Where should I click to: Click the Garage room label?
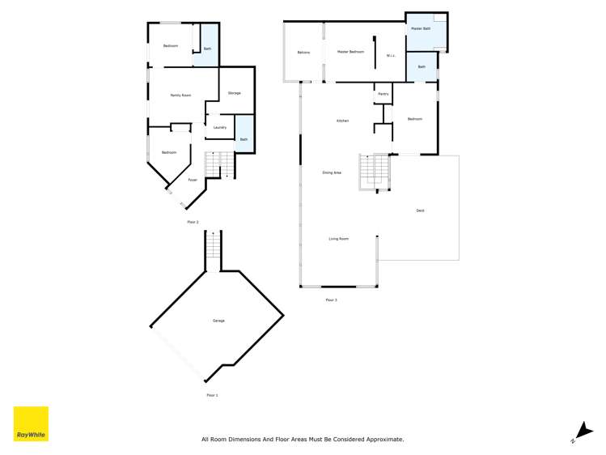pyautogui.click(x=218, y=321)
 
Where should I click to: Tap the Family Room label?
pyautogui.click(x=180, y=96)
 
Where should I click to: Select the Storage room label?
pyautogui.click(x=235, y=93)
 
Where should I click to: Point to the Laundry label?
pyautogui.click(x=219, y=127)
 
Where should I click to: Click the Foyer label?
pyautogui.click(x=193, y=180)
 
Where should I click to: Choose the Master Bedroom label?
pyautogui.click(x=350, y=52)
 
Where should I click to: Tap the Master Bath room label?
pyautogui.click(x=421, y=28)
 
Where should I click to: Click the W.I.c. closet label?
pyautogui.click(x=391, y=56)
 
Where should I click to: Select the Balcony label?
pyautogui.click(x=303, y=53)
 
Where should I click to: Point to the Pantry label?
pyautogui.click(x=383, y=95)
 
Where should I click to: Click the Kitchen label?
pyautogui.click(x=342, y=121)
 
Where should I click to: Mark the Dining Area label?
pyautogui.click(x=332, y=172)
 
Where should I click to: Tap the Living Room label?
pyautogui.click(x=338, y=239)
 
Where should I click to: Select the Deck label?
pyautogui.click(x=420, y=210)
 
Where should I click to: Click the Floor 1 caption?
pyautogui.click(x=212, y=395)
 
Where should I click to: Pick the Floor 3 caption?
pyautogui.click(x=331, y=300)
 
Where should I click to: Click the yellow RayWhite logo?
pyautogui.click(x=31, y=423)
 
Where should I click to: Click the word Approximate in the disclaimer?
pyautogui.click(x=383, y=440)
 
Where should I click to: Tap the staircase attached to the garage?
pyautogui.click(x=213, y=249)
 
